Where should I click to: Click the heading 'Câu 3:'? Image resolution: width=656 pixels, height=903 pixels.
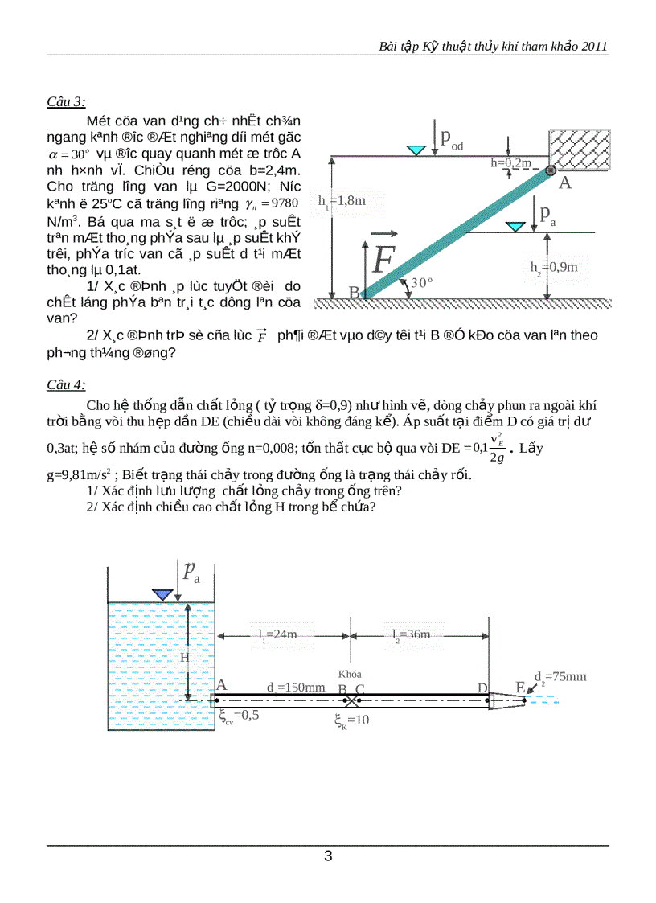66,101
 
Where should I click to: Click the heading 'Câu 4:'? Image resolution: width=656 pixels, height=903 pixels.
66,384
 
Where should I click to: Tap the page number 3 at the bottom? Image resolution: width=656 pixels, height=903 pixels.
328,856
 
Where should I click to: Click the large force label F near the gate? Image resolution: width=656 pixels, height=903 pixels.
383,258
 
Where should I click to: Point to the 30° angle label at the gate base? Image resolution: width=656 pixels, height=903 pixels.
421,283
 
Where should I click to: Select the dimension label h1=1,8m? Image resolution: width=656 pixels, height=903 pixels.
341,201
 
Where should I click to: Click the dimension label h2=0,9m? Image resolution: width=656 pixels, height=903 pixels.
554,266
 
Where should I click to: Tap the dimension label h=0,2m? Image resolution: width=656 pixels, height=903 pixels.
511,163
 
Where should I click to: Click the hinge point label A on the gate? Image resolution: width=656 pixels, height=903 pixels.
564,184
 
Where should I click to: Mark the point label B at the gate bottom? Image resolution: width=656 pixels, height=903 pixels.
354,293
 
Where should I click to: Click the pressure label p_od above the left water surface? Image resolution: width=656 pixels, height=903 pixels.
451,138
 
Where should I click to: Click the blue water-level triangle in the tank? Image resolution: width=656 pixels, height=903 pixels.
163,594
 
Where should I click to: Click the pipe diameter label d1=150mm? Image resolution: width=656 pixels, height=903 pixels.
296,688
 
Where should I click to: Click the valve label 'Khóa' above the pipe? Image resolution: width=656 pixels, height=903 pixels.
350,674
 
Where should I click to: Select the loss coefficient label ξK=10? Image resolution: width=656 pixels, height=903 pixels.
352,720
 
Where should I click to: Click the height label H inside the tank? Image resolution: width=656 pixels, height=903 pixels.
184,658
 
